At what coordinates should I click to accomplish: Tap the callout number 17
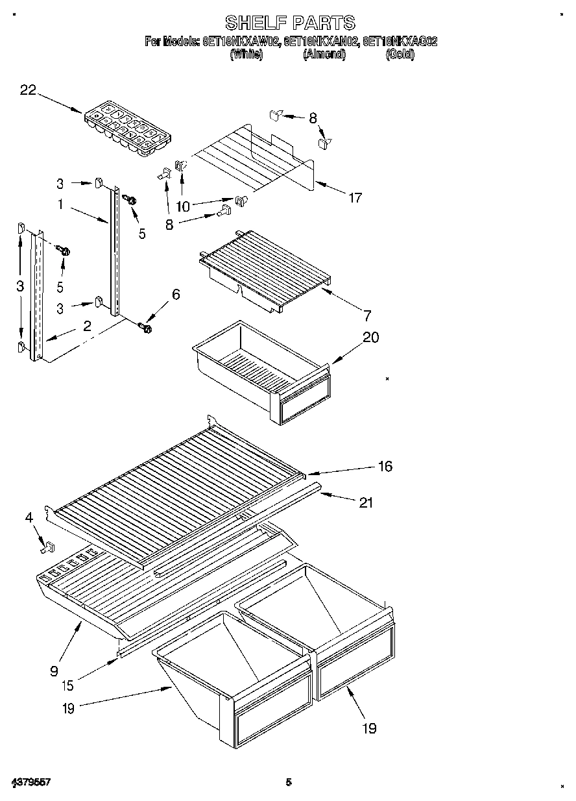click(x=355, y=198)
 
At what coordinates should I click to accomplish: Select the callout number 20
click(x=370, y=337)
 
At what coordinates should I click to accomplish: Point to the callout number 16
click(x=385, y=466)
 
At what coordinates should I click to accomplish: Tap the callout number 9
click(x=54, y=671)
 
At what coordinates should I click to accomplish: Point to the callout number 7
click(x=367, y=316)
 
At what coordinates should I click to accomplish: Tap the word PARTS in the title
click(x=322, y=23)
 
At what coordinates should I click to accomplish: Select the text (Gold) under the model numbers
click(x=400, y=55)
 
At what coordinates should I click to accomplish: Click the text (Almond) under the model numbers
click(x=324, y=55)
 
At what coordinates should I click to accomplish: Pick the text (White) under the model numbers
click(x=246, y=55)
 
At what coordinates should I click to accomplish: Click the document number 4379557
click(x=31, y=782)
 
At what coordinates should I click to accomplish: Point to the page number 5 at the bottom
click(x=289, y=782)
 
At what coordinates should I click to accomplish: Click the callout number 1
click(x=60, y=204)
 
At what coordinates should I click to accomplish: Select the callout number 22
click(x=28, y=90)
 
